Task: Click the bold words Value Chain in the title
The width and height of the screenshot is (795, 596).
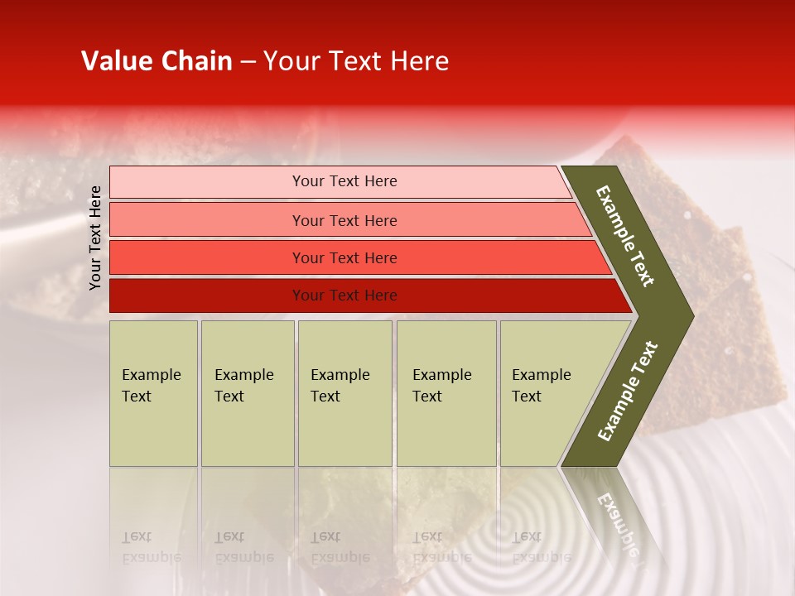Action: pos(157,61)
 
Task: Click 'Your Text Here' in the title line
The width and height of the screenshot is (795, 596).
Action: pos(356,61)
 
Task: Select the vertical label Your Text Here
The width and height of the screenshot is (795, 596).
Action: pos(95,238)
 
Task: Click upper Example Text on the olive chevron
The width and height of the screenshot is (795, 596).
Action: pos(626,236)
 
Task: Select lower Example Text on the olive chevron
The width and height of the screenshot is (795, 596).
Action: pos(628,391)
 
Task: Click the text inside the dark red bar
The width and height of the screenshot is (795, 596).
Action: pos(344,296)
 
